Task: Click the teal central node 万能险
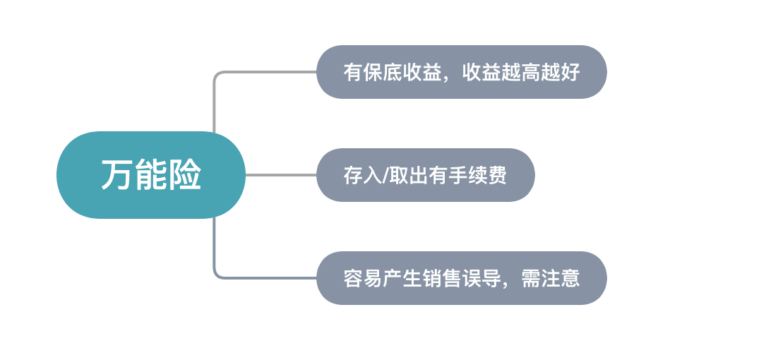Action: tap(151, 175)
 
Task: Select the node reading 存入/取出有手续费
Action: tap(425, 175)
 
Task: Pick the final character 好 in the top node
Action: tap(570, 73)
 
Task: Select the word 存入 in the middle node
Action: tap(361, 176)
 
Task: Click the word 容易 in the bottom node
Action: tap(361, 278)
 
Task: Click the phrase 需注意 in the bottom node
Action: tap(550, 278)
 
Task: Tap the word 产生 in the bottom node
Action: tap(399, 278)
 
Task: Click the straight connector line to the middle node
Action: tap(281, 175)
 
